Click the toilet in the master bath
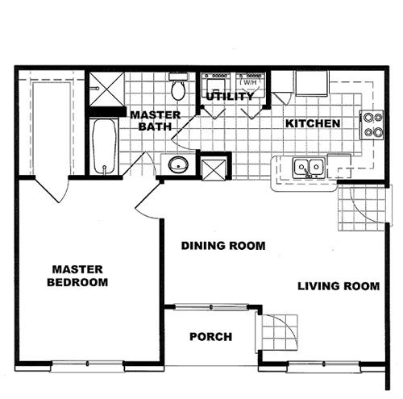tap(178, 86)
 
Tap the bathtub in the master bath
tap(104, 147)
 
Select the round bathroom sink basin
tap(178, 164)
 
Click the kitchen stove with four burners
tap(372, 125)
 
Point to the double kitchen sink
tap(309, 168)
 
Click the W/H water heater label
tap(250, 82)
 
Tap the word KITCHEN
tap(313, 123)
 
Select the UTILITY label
tap(230, 96)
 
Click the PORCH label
tap(210, 337)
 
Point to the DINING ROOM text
tap(223, 246)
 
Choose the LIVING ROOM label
tap(339, 286)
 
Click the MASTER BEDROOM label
tap(77, 276)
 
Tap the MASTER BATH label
tap(156, 121)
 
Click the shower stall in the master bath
tap(106, 89)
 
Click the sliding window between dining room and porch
tap(211, 306)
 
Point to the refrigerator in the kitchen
tap(312, 83)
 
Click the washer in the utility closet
tap(216, 84)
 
